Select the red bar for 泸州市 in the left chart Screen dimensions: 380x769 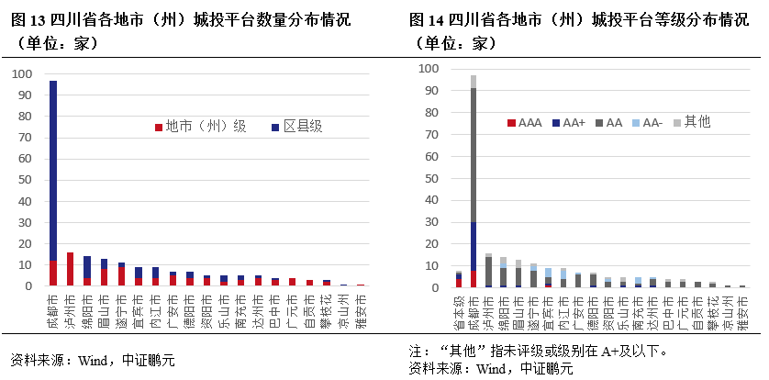pyautogui.click(x=70, y=269)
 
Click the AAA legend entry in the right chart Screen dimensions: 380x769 pyautogui.click(x=525, y=122)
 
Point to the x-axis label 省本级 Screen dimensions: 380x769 pyautogui.click(x=459, y=313)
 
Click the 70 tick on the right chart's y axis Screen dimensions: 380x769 pyautogui.click(x=427, y=134)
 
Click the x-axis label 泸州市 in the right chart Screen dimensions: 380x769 pyautogui.click(x=488, y=313)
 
